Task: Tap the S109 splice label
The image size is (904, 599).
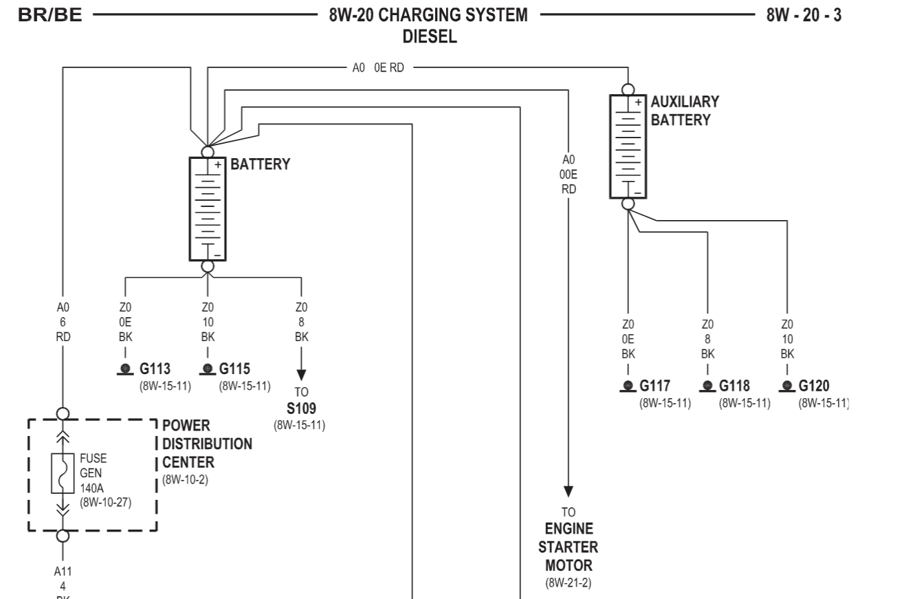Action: [301, 409]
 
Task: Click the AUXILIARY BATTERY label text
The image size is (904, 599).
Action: [685, 111]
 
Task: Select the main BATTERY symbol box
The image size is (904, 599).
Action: [207, 209]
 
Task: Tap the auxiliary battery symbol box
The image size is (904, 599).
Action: [628, 146]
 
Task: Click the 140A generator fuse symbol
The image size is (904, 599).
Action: [63, 474]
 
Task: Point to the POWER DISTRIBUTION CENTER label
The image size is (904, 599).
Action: [207, 444]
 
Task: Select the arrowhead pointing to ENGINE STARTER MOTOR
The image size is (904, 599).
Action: [568, 491]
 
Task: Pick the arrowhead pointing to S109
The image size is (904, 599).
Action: [301, 376]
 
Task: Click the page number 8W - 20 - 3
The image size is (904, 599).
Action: [803, 16]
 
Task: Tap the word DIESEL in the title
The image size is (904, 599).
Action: [430, 37]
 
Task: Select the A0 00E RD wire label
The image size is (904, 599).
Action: [568, 175]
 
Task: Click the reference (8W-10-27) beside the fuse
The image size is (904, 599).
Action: [105, 500]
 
